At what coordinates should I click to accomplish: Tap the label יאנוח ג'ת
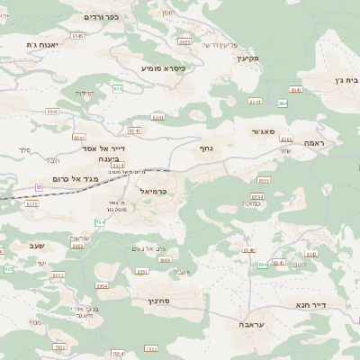click(42, 45)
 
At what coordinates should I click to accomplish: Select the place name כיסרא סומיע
click(162, 67)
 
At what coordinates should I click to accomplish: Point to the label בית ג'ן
click(345, 80)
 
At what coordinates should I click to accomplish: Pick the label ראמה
click(314, 143)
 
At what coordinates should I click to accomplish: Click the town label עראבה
click(251, 321)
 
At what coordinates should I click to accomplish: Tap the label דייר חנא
click(311, 305)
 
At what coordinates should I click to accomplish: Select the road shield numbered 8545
click(77, 35)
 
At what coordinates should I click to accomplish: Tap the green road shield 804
click(263, 265)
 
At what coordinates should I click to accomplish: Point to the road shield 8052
click(58, 275)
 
